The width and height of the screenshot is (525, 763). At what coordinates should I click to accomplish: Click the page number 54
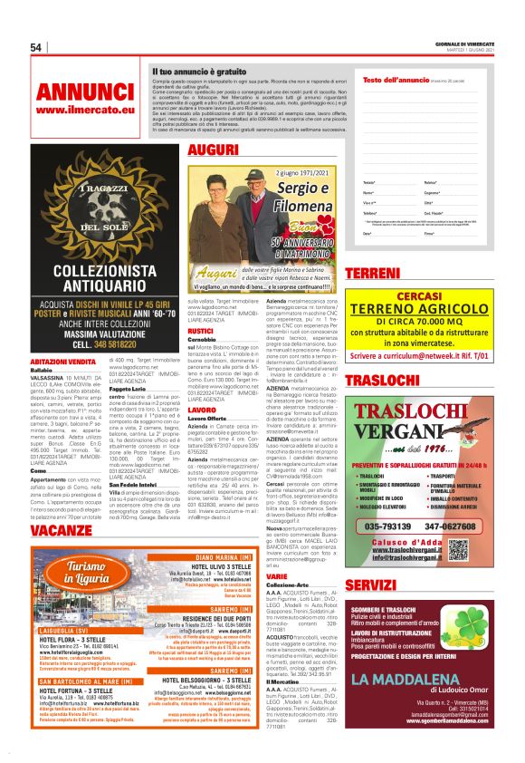point(37,47)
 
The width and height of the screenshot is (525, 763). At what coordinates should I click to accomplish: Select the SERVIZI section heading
point(377,586)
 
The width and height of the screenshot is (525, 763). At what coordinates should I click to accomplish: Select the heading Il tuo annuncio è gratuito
point(199,70)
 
